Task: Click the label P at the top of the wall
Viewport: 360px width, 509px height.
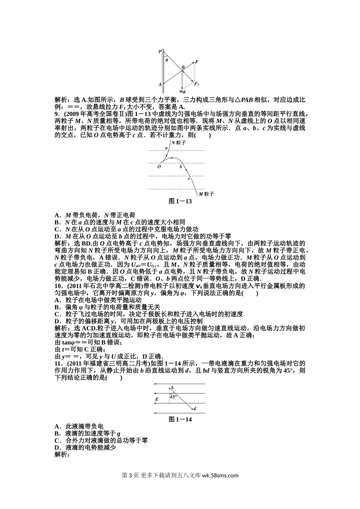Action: [160, 51]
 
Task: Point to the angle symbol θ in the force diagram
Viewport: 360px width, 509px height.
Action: [166, 60]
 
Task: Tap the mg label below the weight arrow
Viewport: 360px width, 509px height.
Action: [182, 91]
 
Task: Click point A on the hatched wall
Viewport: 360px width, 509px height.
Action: [160, 84]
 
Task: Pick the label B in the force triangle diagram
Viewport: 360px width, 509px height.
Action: [183, 67]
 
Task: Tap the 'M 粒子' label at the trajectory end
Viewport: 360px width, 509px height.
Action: [207, 194]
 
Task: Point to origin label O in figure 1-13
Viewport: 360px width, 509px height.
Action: [159, 166]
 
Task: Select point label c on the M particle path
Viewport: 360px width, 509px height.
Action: [189, 178]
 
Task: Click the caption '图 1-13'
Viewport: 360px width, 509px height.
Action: [180, 201]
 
